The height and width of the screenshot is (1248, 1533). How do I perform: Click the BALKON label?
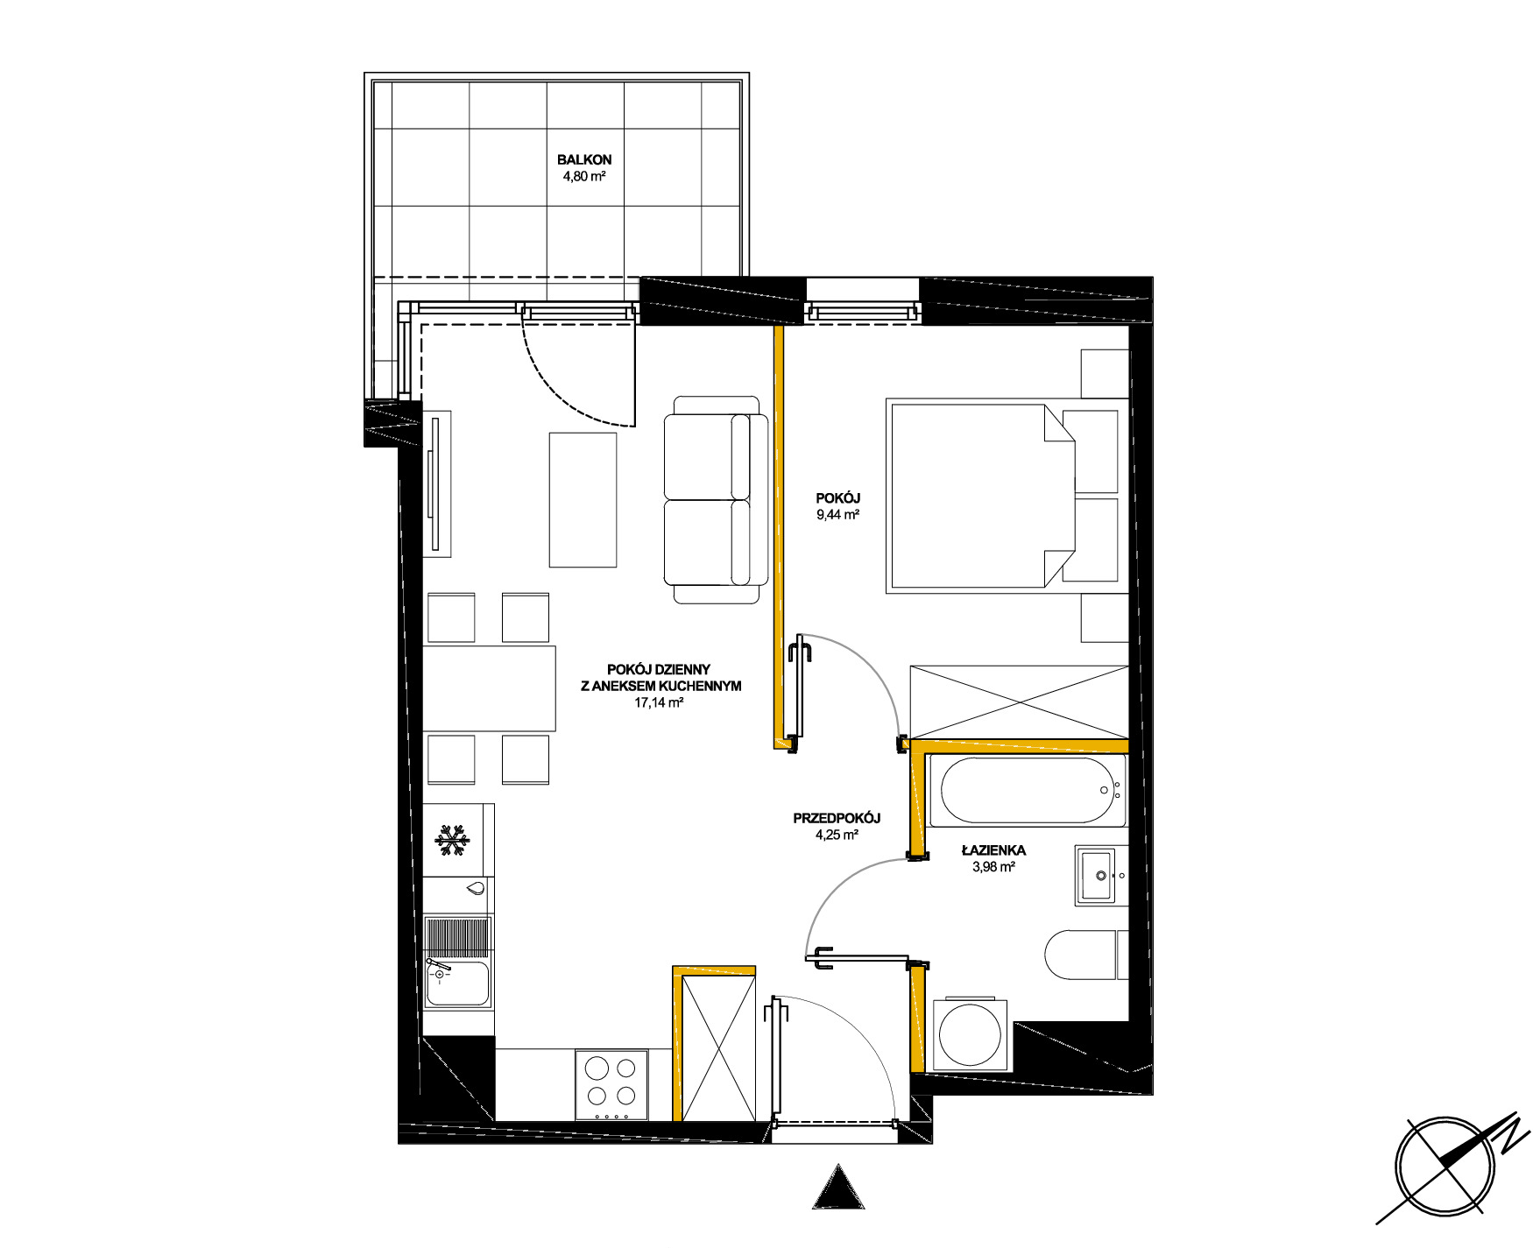point(584,160)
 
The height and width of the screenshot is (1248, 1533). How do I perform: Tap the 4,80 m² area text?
point(584,176)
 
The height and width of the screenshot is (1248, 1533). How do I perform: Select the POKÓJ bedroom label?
point(838,498)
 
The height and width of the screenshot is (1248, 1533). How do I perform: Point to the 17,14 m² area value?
point(659,702)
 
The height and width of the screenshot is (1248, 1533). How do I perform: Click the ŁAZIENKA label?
point(993,850)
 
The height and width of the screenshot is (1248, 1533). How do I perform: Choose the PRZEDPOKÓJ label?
point(837,818)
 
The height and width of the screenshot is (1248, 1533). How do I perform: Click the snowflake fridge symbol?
point(453,841)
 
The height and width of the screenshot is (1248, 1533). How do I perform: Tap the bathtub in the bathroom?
point(1028,791)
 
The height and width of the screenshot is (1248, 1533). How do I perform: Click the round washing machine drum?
point(971,1033)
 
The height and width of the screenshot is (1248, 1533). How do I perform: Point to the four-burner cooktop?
point(611,1085)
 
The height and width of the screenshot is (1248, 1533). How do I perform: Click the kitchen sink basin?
point(457,983)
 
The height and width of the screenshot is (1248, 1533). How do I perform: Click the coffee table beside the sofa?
point(583,499)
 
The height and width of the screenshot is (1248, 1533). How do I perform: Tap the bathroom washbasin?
point(1097,875)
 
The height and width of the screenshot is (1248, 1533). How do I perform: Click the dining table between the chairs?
point(490,688)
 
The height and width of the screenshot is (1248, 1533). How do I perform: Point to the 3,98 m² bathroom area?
point(993,867)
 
